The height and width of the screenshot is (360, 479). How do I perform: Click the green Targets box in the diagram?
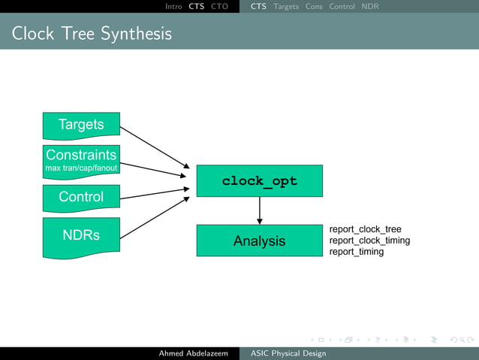[81, 125]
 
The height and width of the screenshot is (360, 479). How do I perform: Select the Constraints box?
[81, 160]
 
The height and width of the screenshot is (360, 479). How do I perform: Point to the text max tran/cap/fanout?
[81, 168]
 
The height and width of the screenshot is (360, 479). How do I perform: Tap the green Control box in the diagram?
[81, 197]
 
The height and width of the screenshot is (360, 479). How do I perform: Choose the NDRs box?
[81, 236]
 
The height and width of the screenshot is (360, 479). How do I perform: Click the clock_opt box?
[259, 181]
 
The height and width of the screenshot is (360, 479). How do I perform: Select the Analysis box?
[259, 241]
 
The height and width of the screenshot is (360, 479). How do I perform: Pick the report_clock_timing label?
[369, 241]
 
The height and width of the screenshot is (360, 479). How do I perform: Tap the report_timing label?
[357, 252]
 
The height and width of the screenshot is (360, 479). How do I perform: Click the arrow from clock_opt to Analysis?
[259, 210]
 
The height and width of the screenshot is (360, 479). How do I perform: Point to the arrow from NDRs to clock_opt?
[154, 219]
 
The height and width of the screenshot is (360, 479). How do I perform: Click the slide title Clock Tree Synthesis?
[92, 34]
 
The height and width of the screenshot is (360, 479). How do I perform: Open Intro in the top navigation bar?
[173, 7]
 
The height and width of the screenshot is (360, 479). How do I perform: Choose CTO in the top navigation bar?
[219, 7]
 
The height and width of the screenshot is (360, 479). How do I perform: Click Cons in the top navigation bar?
[314, 7]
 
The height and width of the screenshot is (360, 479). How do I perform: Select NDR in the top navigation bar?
[369, 7]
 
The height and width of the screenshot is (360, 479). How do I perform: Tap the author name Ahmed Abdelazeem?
[193, 353]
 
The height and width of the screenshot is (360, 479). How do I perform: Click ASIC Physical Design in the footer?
[288, 353]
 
